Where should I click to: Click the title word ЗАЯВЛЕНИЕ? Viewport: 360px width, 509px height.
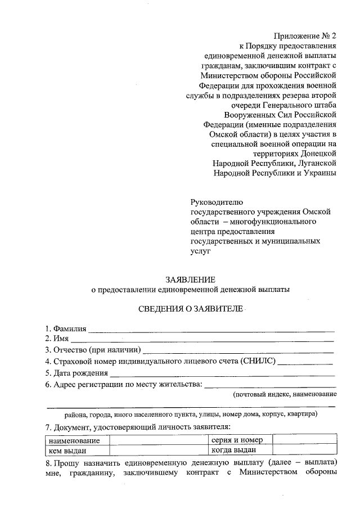190,280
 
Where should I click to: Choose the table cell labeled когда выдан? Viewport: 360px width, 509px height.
234,450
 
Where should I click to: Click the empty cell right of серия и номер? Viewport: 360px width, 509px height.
304,440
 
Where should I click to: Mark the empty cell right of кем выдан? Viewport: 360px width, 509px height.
158,450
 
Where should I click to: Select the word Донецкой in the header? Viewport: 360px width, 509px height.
318,152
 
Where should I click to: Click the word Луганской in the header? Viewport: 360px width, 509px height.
317,163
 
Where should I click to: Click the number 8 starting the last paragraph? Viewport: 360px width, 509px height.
47,462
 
